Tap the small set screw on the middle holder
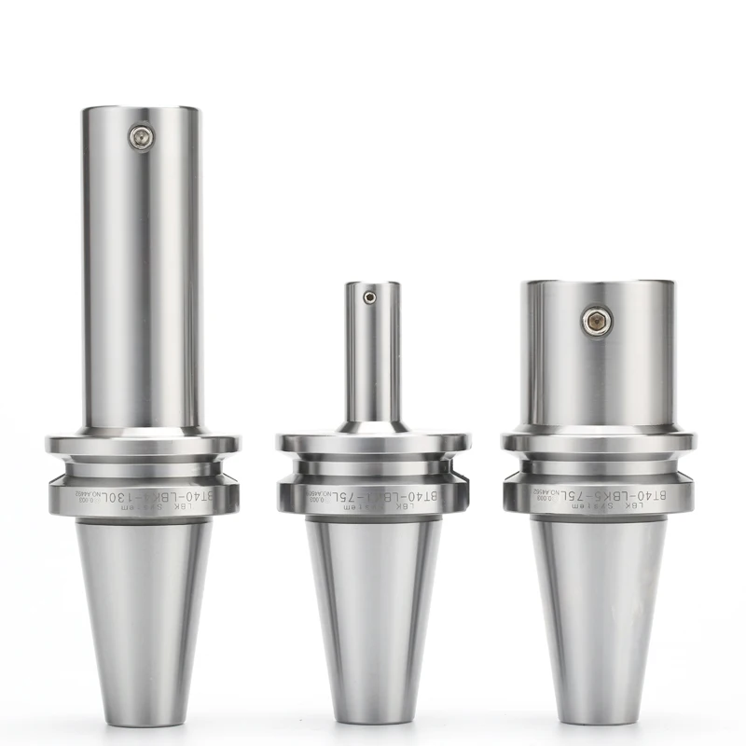click(371, 298)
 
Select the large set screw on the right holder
click(597, 321)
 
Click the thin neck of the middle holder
click(372, 364)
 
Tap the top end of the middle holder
click(372, 284)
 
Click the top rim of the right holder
click(597, 283)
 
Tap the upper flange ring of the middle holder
click(373, 443)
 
